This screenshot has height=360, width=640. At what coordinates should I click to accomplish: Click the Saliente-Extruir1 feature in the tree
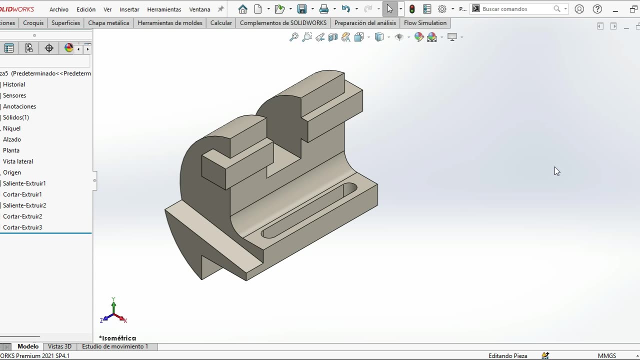pos(24,183)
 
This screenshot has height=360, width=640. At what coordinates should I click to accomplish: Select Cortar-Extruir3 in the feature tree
pos(22,227)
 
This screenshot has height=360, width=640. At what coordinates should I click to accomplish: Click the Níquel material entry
pos(11,128)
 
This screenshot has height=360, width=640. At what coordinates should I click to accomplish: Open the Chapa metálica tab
pos(108,23)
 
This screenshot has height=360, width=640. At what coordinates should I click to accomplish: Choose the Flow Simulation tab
pos(425,23)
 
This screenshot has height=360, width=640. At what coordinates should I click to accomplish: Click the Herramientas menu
pos(164,9)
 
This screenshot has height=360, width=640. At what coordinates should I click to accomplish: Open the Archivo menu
pos(59,9)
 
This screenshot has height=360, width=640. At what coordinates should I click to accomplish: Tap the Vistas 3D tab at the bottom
pos(59,346)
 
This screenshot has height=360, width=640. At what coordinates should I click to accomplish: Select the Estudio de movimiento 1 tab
pos(115,346)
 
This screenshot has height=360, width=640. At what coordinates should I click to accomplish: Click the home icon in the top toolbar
pos(243,9)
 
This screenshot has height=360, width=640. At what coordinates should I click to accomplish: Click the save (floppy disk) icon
pos(301,9)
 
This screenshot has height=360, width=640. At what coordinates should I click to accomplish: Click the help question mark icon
pos(596,9)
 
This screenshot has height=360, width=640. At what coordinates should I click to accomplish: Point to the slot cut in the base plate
pos(309,210)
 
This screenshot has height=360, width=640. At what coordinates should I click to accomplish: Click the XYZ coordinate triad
pos(114,312)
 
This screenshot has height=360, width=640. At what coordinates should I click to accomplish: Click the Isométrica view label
pos(117,338)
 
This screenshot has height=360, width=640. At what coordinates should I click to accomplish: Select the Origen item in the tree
pos(12,172)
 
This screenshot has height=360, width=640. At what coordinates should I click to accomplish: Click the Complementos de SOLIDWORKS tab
pos(283,23)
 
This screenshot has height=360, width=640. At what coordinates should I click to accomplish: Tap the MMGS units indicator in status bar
pos(606,356)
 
